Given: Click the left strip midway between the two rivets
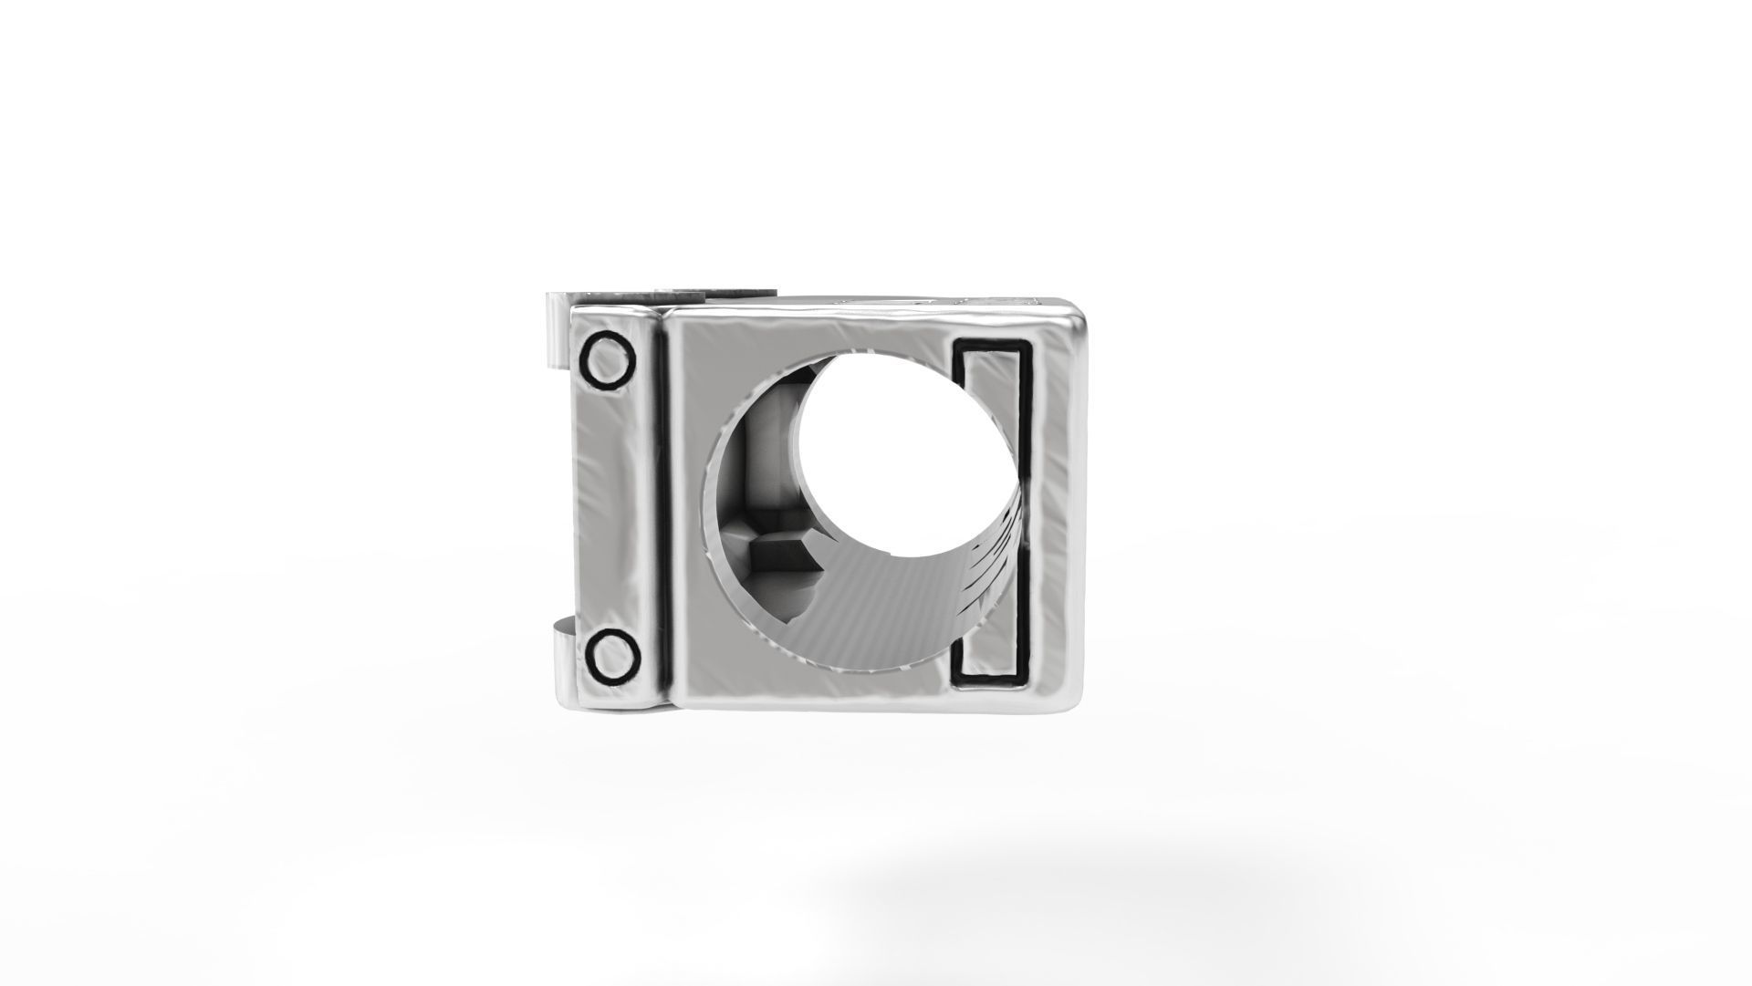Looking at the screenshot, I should (x=610, y=509).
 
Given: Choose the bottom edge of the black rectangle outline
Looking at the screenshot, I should (x=992, y=680).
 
